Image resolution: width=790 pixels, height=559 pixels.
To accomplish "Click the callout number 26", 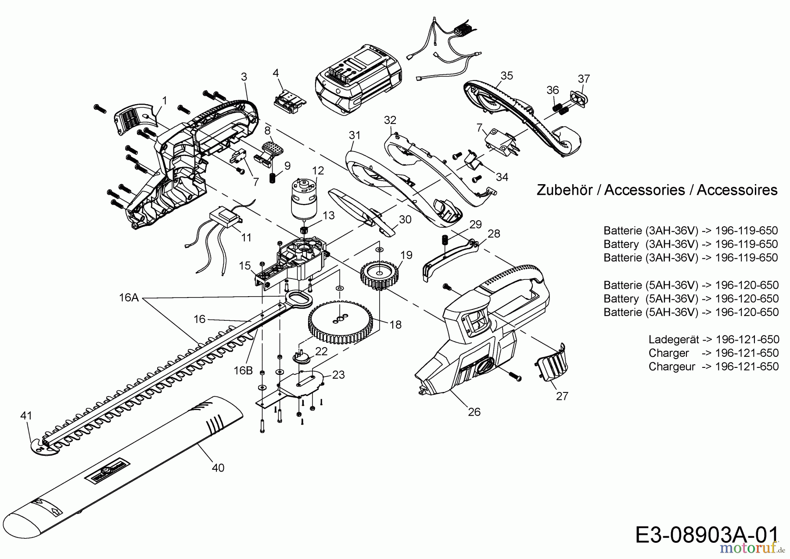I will [x=474, y=412].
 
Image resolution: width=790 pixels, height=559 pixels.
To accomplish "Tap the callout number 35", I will [x=507, y=76].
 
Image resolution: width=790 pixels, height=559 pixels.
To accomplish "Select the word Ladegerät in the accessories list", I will [x=674, y=339].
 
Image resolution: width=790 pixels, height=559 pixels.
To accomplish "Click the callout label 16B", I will [x=243, y=370].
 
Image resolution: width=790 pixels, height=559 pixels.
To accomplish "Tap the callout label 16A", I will [x=129, y=298].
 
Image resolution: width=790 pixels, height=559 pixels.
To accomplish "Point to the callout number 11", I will [x=247, y=238].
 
